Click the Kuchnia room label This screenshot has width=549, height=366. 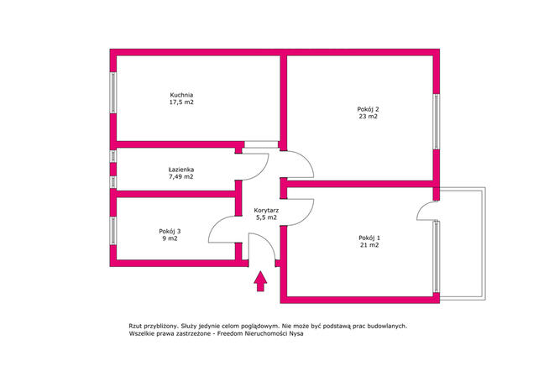181,95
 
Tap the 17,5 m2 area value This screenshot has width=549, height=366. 181,102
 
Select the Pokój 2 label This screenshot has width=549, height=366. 368,109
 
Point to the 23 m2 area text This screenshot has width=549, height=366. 368,117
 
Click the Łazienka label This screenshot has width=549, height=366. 181,170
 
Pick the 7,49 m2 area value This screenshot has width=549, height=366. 181,177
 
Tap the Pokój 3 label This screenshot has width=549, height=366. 170,231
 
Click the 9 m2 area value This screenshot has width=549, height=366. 170,238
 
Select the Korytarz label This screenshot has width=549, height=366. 266,211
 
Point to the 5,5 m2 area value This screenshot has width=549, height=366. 266,217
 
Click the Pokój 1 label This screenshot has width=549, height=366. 369,238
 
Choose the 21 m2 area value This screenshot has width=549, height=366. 369,245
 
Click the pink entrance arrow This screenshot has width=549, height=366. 260,281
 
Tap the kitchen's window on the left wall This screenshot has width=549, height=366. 112,92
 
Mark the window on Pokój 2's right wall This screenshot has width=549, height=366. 437,122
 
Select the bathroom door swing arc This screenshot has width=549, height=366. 262,171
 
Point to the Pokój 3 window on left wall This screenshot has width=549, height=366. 112,231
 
